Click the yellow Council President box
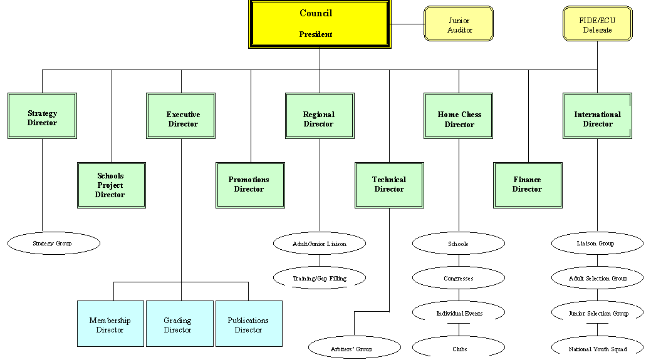(320, 24)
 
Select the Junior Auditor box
(459, 24)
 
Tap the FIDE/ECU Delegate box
(597, 24)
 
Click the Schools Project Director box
(111, 185)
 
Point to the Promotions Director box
(251, 185)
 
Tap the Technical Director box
(389, 185)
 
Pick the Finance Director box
(528, 185)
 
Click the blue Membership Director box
(110, 324)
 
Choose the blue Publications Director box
(249, 324)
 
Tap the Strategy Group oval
(54, 244)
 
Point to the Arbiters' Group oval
(354, 349)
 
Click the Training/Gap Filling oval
(320, 278)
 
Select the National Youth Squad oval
(597, 349)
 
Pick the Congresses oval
(459, 278)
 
